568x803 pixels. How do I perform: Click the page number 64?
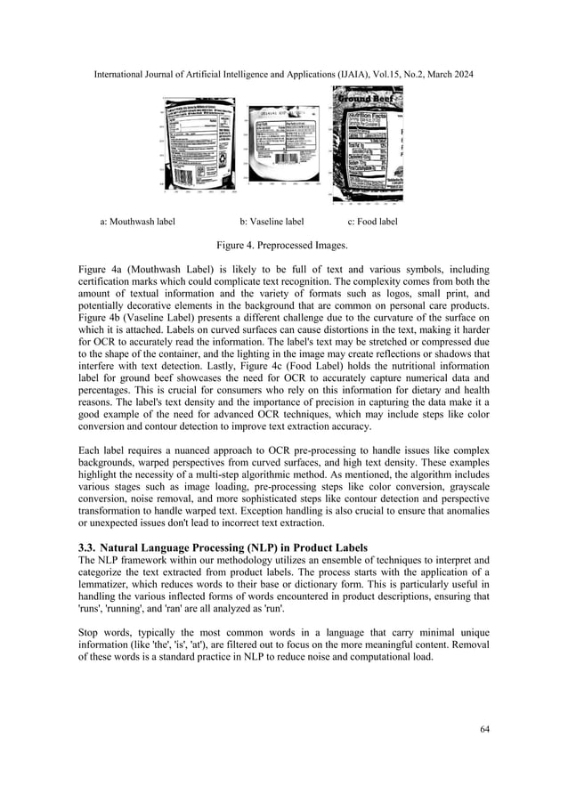(x=484, y=729)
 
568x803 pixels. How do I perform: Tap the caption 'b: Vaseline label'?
(x=272, y=221)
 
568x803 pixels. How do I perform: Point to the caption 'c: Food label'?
(x=372, y=221)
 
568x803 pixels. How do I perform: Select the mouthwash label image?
(x=200, y=143)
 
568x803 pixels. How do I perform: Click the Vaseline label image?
(x=283, y=144)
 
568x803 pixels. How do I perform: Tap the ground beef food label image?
(x=367, y=145)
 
